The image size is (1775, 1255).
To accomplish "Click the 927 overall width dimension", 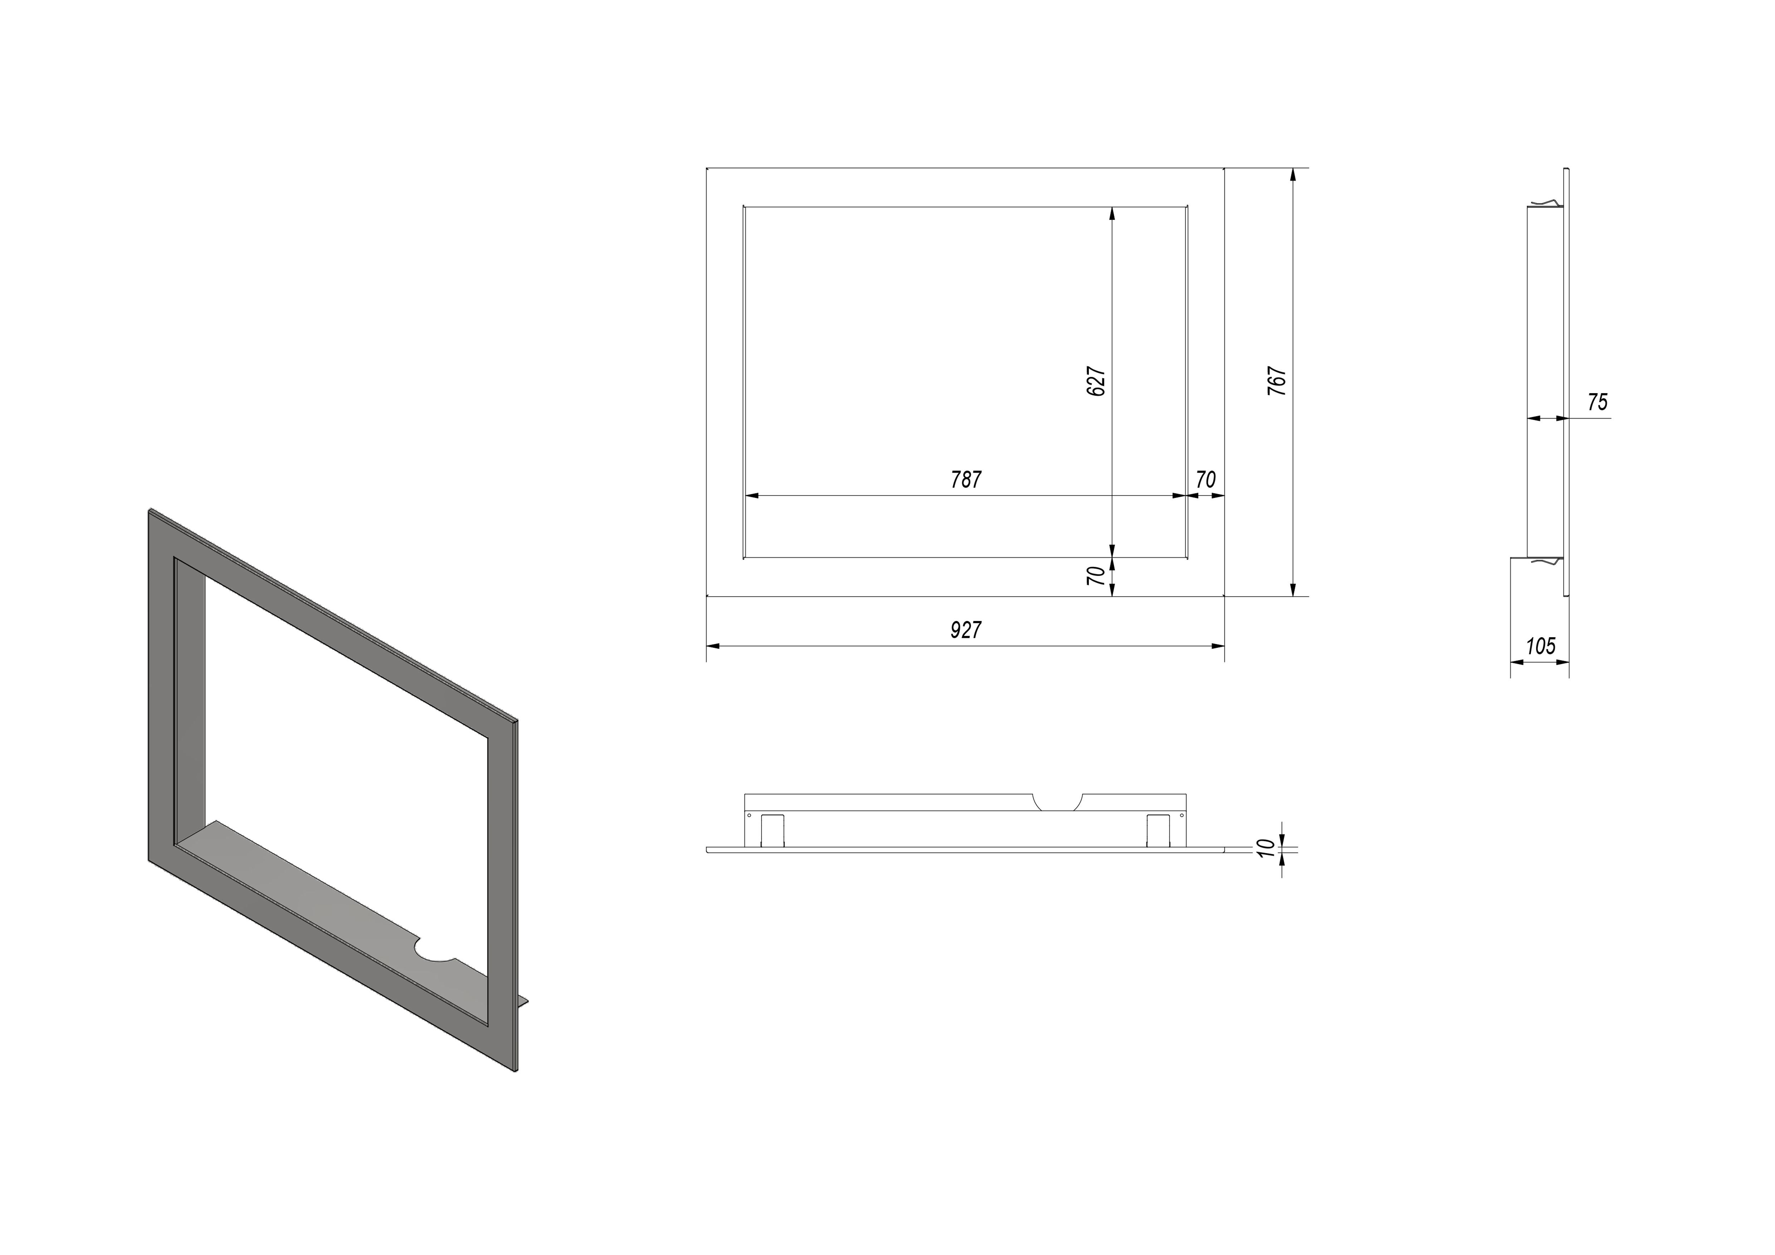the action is pyautogui.click(x=965, y=630).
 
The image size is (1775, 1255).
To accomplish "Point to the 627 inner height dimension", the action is pyautogui.click(x=1096, y=381).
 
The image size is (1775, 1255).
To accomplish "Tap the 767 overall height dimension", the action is pyautogui.click(x=1277, y=381).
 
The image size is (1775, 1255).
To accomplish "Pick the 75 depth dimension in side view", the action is pyautogui.click(x=1597, y=402).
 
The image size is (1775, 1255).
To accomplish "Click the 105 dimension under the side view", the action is pyautogui.click(x=1540, y=646).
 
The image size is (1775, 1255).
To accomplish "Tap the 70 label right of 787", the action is pyautogui.click(x=1205, y=480).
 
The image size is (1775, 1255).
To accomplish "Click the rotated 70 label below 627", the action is pyautogui.click(x=1096, y=575).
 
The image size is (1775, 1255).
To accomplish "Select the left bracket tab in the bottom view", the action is pyautogui.click(x=773, y=830).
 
